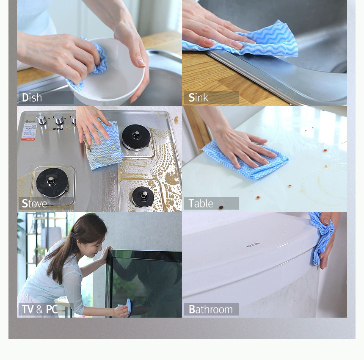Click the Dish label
tap(32, 97)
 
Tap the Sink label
tap(198, 97)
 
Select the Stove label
tap(34, 203)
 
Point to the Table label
tap(201, 203)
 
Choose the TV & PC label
tap(39, 309)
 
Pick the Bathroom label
tap(210, 309)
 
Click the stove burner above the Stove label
tap(52, 182)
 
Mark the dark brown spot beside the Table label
tap(221, 207)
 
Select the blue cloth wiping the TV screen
tap(126, 308)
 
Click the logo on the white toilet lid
tap(253, 245)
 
